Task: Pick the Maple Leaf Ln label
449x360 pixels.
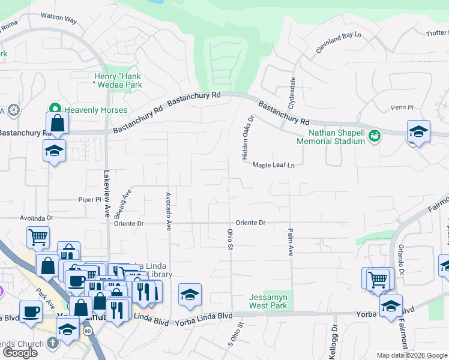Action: tap(274, 165)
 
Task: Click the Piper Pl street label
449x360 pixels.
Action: tap(90, 199)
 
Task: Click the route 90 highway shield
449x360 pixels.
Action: tap(88, 331)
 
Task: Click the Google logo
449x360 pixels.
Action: tap(20, 353)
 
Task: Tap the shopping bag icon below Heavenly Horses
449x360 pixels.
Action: tap(57, 124)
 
